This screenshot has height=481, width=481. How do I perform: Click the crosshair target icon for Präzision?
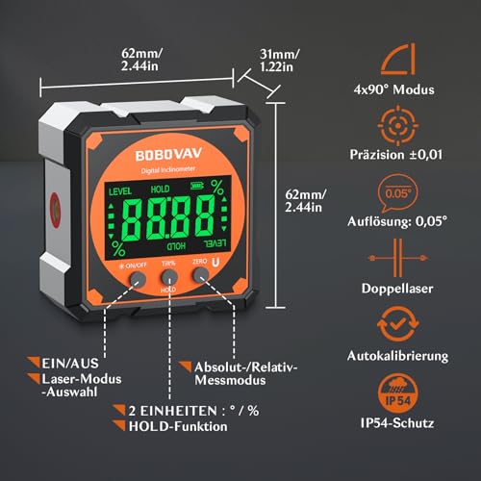tap(411, 127)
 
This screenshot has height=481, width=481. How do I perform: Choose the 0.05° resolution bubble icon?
tap(411, 190)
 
